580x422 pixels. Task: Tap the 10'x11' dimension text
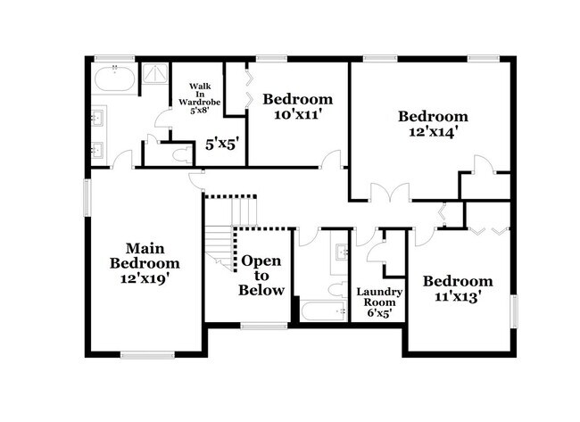pos(297,115)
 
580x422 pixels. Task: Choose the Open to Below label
pos(262,276)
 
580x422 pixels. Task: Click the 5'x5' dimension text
pos(222,143)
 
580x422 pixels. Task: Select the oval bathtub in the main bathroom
pos(113,79)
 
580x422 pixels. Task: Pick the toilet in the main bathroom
pos(179,155)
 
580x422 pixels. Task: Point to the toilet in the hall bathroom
pos(336,289)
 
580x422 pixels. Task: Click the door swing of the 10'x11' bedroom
pos(332,160)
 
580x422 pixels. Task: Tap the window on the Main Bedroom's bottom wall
pos(147,355)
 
